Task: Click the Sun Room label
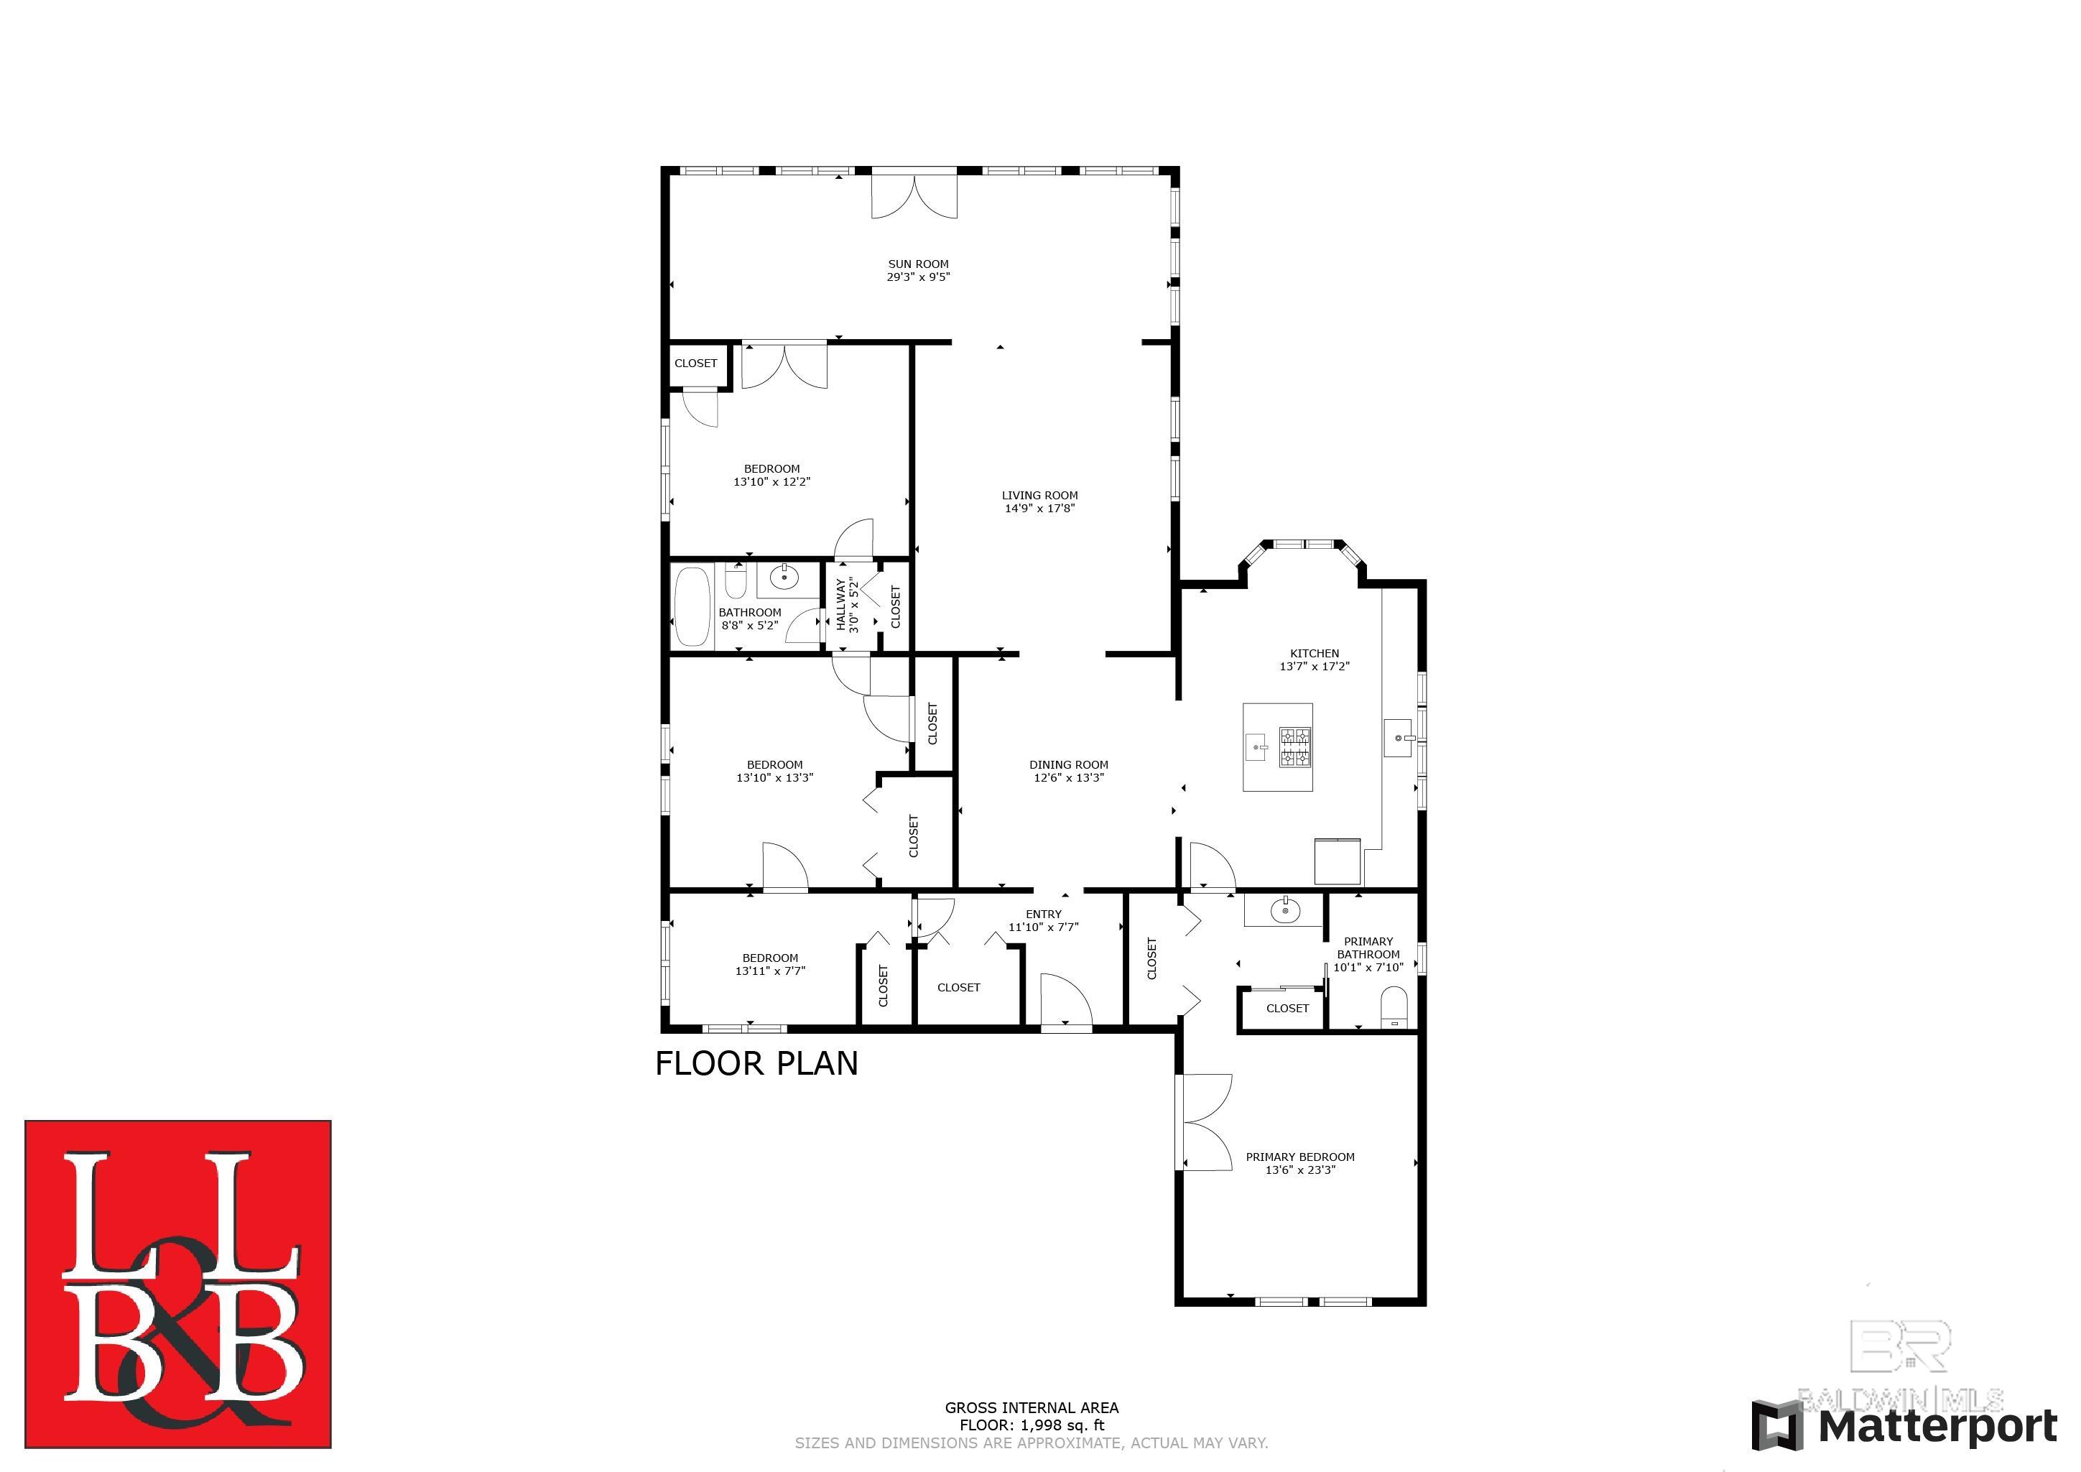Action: [x=918, y=264]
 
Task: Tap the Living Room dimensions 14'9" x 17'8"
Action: [x=1039, y=509]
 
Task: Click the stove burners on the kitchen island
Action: [x=1295, y=747]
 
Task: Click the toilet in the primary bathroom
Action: [x=1393, y=1007]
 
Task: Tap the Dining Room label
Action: [x=1069, y=764]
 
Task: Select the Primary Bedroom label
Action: [x=1299, y=1157]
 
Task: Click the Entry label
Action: [x=1043, y=914]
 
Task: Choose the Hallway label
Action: [x=840, y=606]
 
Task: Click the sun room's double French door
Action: [x=914, y=195]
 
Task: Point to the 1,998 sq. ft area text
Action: [x=1032, y=1425]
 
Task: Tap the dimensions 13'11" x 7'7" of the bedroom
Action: [x=770, y=971]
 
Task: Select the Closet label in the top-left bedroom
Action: [x=696, y=364]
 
